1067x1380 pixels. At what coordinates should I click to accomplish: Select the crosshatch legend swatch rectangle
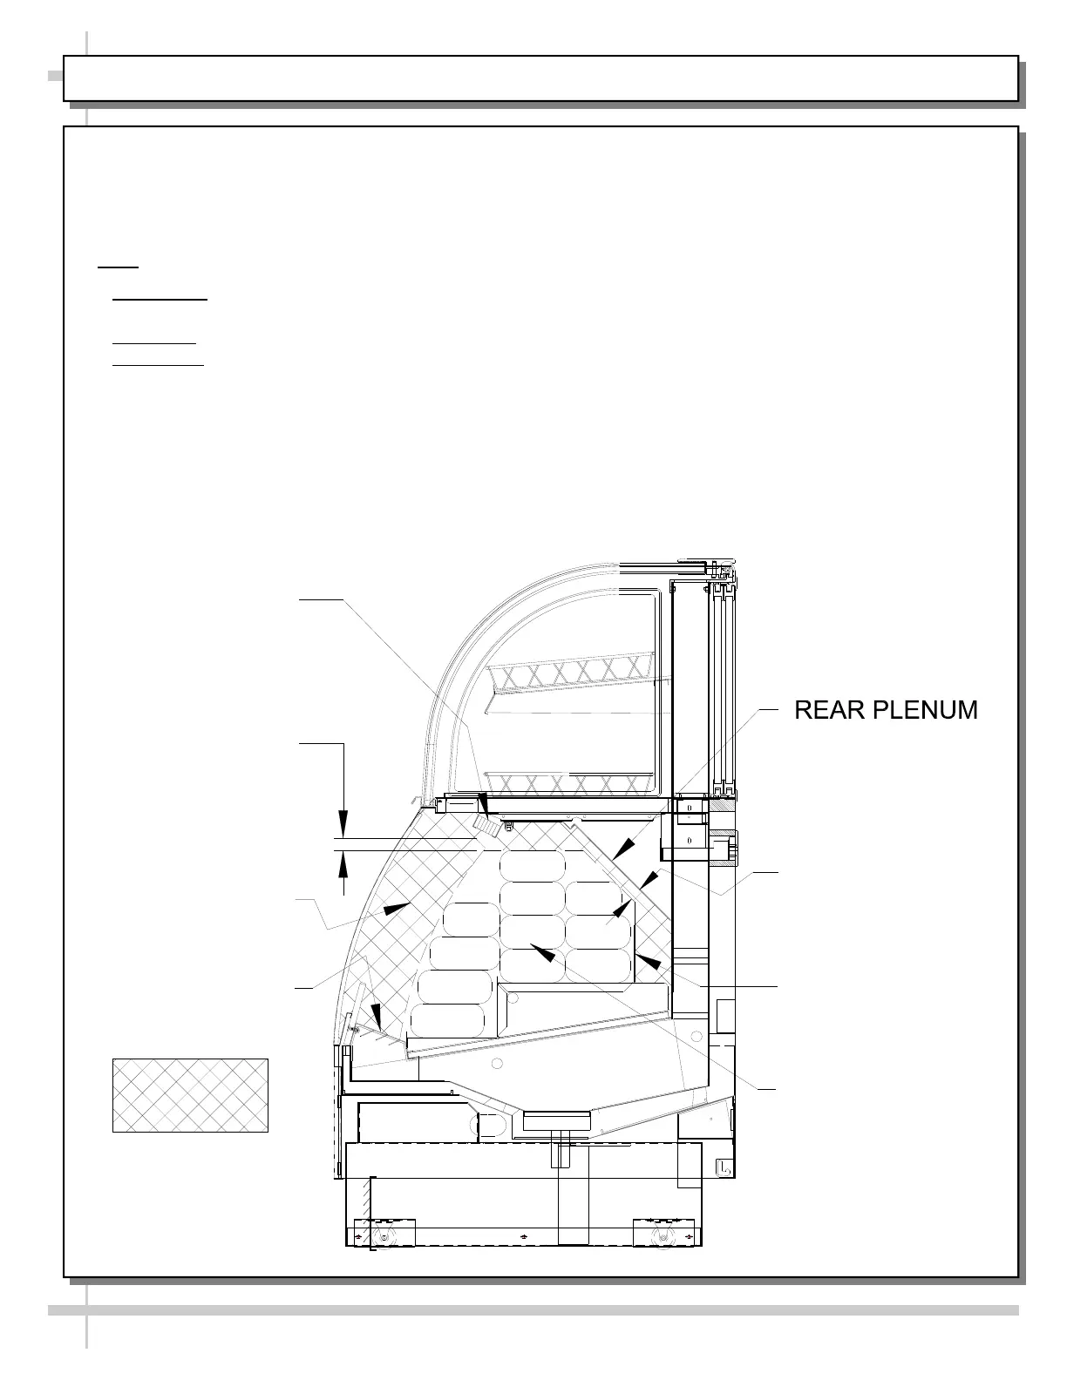pos(190,1095)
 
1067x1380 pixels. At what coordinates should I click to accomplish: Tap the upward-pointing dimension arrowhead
pos(343,865)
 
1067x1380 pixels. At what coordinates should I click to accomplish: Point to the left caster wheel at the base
pos(384,1237)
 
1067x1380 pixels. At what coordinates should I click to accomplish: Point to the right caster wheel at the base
pos(665,1237)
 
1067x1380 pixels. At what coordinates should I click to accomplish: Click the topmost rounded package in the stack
pos(533,865)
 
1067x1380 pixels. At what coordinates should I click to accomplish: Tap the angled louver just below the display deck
pos(486,825)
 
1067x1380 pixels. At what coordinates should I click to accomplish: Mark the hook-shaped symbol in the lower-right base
pos(724,1169)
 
